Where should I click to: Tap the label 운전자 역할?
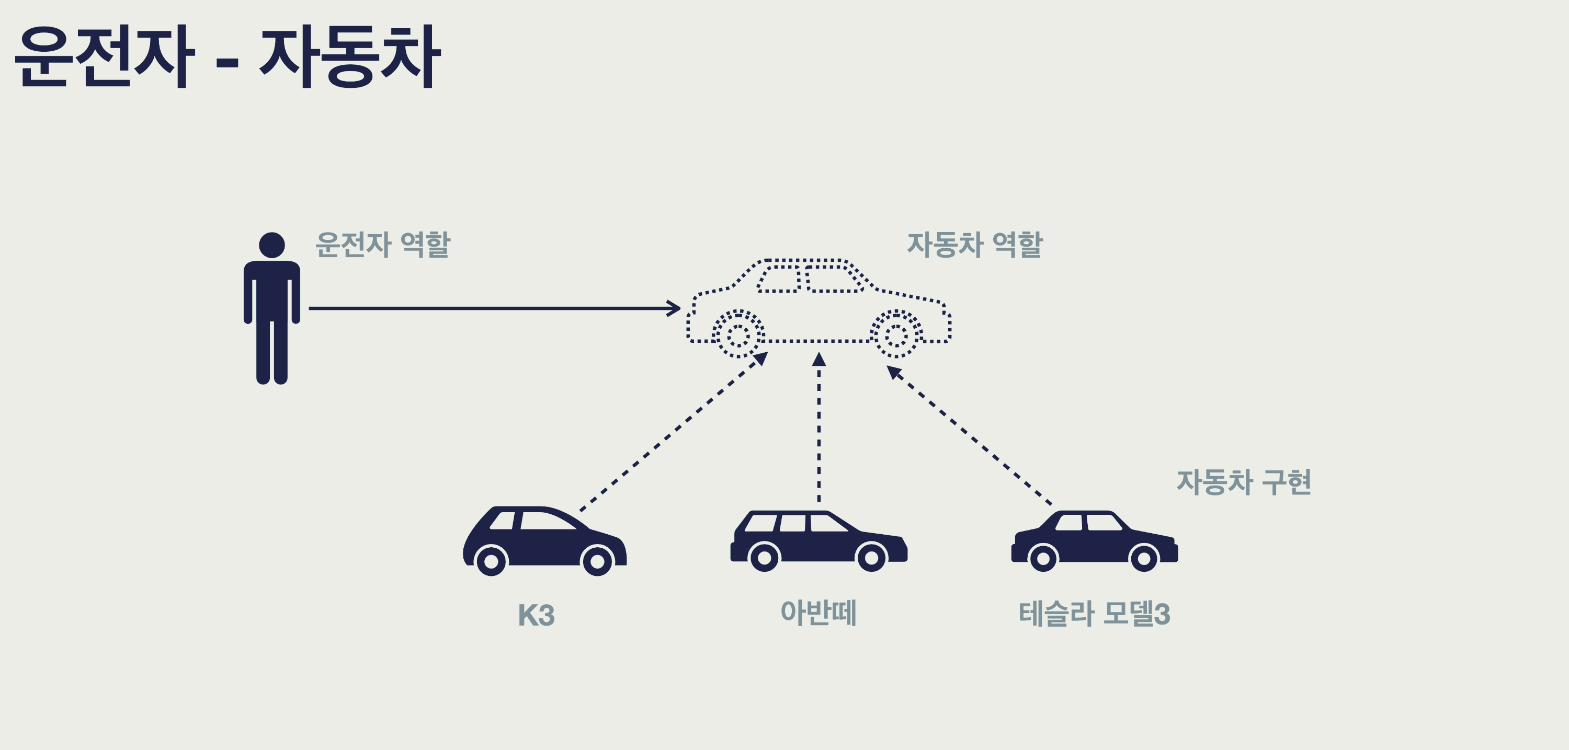[x=382, y=245]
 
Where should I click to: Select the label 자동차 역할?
[x=974, y=245]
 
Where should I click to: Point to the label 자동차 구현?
[x=1243, y=482]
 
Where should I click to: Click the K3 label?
[x=536, y=615]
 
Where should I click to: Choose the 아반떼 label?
[x=818, y=613]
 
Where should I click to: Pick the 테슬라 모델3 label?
[x=1094, y=614]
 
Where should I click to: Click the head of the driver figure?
[x=271, y=245]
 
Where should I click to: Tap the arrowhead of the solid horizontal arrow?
[x=674, y=308]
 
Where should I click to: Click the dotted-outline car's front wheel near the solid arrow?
[x=738, y=334]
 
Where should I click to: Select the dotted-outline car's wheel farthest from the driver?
[x=896, y=334]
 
